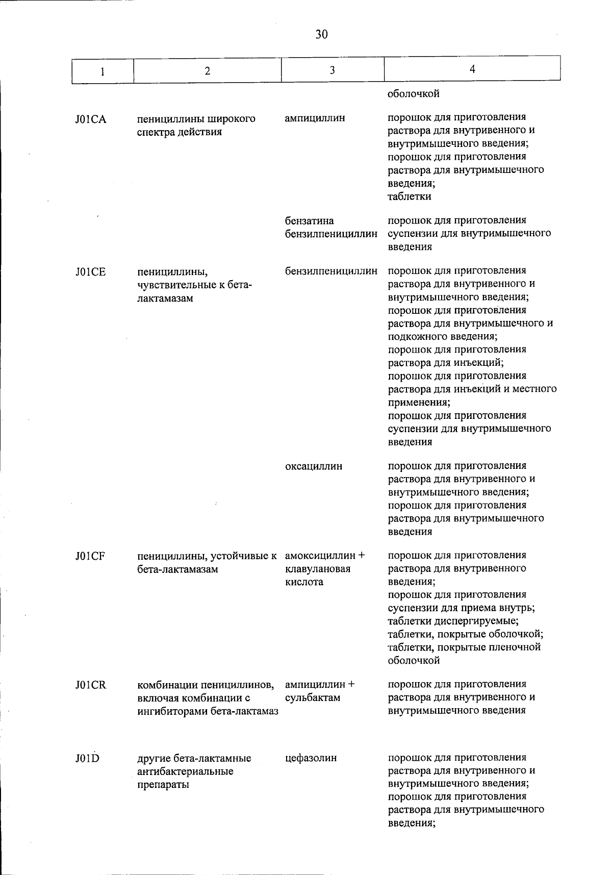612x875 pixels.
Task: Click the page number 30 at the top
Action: pyautogui.click(x=321, y=34)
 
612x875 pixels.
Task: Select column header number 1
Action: pyautogui.click(x=103, y=71)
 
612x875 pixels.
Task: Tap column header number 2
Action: pyautogui.click(x=207, y=71)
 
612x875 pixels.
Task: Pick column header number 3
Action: pyautogui.click(x=332, y=70)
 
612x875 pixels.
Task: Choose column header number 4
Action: pyautogui.click(x=472, y=69)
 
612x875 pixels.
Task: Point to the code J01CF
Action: pyautogui.click(x=90, y=556)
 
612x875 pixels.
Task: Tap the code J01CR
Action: pyautogui.click(x=91, y=685)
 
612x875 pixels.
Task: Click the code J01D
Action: pyautogui.click(x=87, y=758)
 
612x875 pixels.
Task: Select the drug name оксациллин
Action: pyautogui.click(x=314, y=466)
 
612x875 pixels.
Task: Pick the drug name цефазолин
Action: pyautogui.click(x=311, y=758)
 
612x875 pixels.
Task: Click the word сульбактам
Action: pyautogui.click(x=313, y=697)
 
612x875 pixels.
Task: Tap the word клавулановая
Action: pyautogui.click(x=318, y=569)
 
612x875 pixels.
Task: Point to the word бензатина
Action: pyautogui.click(x=310, y=221)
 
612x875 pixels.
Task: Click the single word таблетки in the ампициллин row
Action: pyautogui.click(x=409, y=196)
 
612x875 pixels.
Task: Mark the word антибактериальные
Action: pyautogui.click(x=185, y=771)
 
